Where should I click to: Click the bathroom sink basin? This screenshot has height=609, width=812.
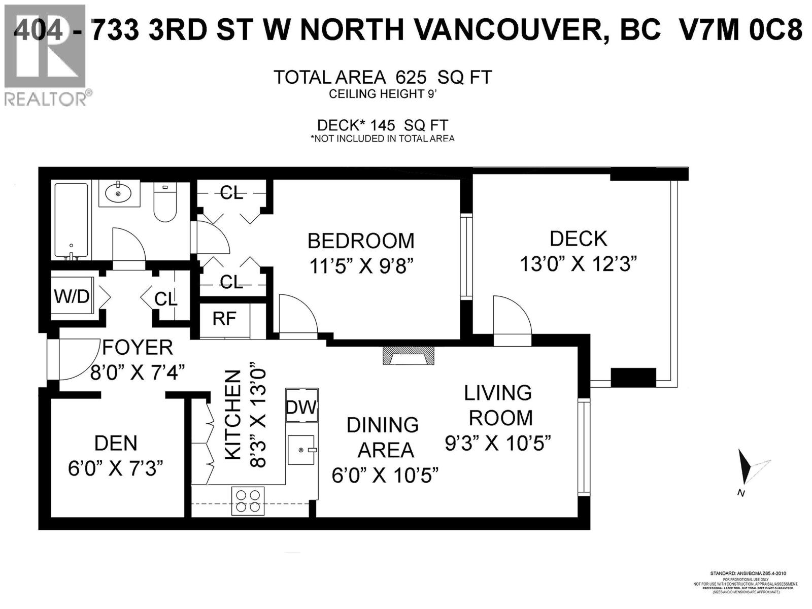click(x=118, y=193)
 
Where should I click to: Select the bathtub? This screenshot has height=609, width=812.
click(x=71, y=221)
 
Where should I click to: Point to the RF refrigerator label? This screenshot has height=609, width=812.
click(x=224, y=319)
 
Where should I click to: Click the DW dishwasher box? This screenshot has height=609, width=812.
click(x=301, y=406)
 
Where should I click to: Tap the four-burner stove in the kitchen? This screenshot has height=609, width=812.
click(x=248, y=500)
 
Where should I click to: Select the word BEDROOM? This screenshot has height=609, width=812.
click(x=361, y=241)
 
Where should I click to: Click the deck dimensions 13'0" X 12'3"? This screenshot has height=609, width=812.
click(x=578, y=264)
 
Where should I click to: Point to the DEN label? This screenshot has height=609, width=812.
click(x=116, y=443)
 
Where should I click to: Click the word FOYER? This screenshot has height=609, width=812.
click(x=138, y=348)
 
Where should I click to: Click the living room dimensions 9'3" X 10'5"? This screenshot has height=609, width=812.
click(x=498, y=444)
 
